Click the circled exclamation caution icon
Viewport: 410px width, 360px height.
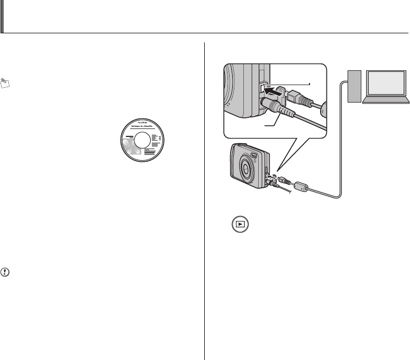point(6,274)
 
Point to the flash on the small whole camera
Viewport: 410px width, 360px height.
point(252,155)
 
